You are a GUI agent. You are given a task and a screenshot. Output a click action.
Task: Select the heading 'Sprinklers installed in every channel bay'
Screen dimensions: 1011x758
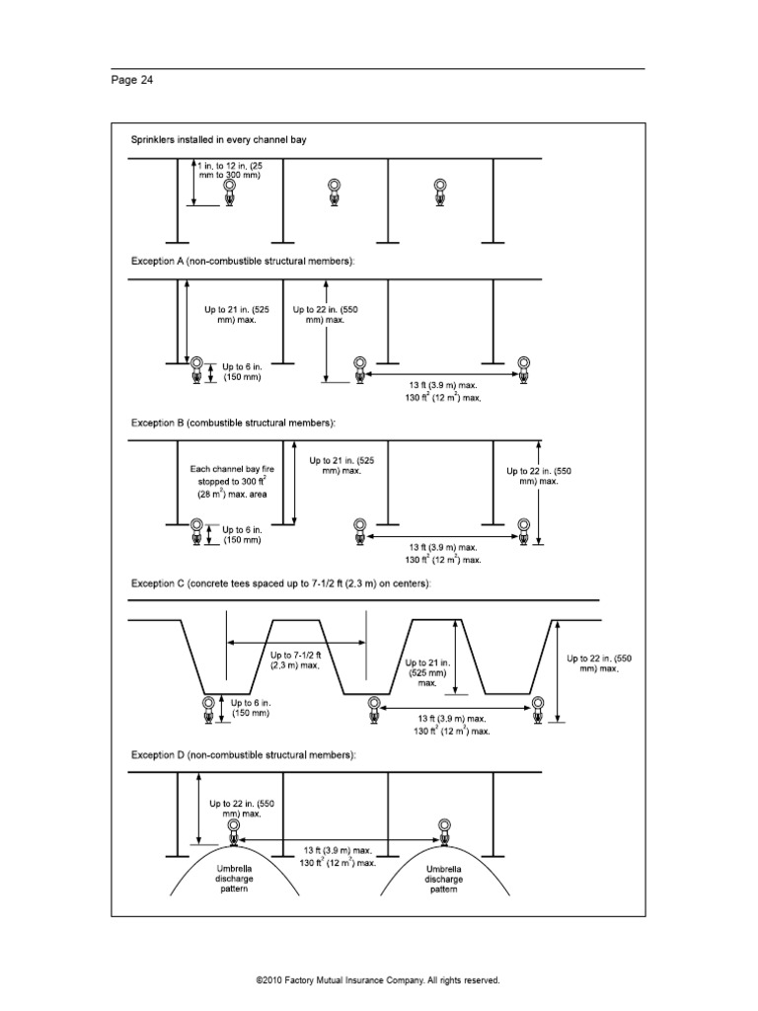[219, 140]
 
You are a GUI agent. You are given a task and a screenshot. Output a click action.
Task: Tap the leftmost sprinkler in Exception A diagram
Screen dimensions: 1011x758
[198, 370]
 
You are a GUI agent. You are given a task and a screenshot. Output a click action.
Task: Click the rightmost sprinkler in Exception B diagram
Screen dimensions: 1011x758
[524, 531]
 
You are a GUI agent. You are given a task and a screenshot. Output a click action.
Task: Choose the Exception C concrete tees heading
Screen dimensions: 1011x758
[280, 583]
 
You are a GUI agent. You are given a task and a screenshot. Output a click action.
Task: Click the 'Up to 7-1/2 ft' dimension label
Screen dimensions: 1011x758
[296, 659]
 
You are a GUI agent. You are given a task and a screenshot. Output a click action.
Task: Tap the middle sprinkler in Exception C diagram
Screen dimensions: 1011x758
[373, 708]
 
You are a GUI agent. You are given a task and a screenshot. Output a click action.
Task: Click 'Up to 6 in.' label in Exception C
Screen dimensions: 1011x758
[250, 707]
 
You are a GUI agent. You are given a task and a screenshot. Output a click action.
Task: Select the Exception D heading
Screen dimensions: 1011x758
[243, 754]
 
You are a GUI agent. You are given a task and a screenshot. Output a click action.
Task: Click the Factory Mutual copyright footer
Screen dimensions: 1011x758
[378, 980]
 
